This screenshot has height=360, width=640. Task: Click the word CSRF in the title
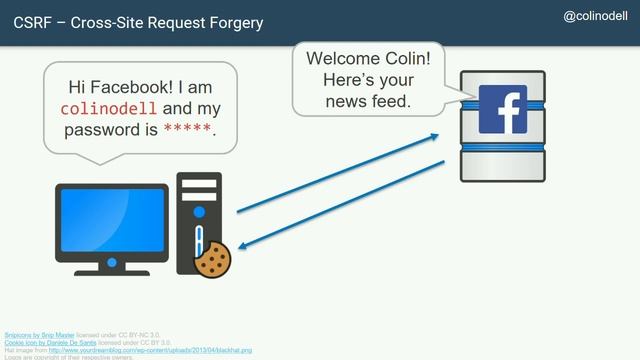point(34,22)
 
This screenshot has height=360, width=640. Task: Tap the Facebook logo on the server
point(503,109)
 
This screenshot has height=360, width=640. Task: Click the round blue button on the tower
point(199,212)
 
